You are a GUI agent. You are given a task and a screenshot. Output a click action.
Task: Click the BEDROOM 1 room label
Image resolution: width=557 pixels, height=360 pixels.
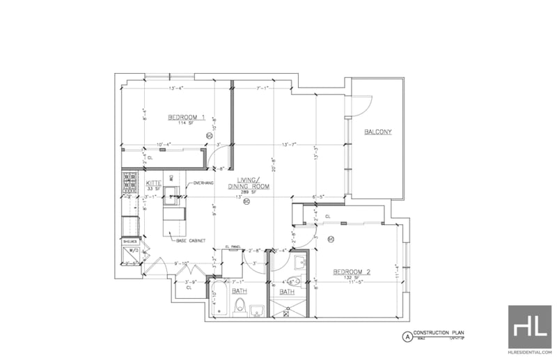point(186,116)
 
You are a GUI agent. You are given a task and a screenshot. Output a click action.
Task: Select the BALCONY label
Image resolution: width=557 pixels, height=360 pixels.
point(378,131)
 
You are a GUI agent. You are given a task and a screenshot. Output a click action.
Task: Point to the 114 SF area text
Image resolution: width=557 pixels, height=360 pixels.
point(185,123)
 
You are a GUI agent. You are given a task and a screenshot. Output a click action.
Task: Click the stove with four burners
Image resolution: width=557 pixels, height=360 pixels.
point(130,182)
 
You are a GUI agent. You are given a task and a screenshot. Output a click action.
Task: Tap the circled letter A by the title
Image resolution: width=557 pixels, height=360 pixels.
point(407,336)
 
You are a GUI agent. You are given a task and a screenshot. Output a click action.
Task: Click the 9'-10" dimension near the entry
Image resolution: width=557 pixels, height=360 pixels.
point(182,263)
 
